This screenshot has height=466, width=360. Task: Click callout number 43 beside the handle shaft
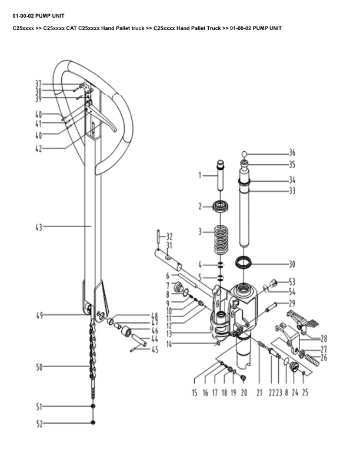(39, 228)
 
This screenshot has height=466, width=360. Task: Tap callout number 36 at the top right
(292, 153)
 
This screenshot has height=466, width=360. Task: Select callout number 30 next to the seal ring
(292, 264)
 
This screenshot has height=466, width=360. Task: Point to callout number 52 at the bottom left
(39, 424)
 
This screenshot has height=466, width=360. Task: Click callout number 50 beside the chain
(39, 367)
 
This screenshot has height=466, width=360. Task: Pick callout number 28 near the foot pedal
(324, 338)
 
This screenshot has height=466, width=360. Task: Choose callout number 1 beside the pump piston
(200, 175)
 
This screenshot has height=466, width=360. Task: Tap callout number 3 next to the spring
(200, 231)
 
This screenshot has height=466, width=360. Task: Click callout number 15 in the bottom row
(195, 392)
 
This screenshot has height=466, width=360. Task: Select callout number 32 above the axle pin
(169, 237)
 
